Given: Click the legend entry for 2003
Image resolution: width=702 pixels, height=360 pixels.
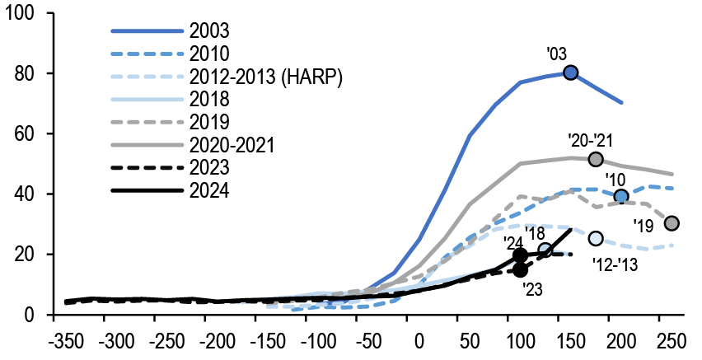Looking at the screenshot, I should (208, 31).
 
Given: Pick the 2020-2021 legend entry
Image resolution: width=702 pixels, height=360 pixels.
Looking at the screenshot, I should (231, 146).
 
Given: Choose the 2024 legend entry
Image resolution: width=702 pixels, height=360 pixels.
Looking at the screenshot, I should (208, 192).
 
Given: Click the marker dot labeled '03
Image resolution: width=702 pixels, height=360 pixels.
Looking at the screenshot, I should (570, 72).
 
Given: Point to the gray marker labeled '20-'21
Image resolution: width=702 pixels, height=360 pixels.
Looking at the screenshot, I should (596, 159).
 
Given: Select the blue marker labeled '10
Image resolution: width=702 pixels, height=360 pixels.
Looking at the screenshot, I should (621, 196).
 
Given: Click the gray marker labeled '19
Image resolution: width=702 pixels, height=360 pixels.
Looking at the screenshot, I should (672, 223).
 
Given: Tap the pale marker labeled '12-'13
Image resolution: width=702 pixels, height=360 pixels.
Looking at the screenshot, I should (596, 238).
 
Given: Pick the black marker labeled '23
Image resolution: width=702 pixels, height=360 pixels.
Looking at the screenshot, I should (520, 269).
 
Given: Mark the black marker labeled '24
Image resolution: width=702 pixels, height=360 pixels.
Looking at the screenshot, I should (520, 255).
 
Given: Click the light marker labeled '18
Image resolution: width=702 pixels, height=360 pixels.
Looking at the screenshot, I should (545, 250).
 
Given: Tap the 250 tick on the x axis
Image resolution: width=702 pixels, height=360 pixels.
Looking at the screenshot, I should (672, 341).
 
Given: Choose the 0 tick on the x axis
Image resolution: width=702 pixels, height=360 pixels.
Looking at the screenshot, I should (419, 341).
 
